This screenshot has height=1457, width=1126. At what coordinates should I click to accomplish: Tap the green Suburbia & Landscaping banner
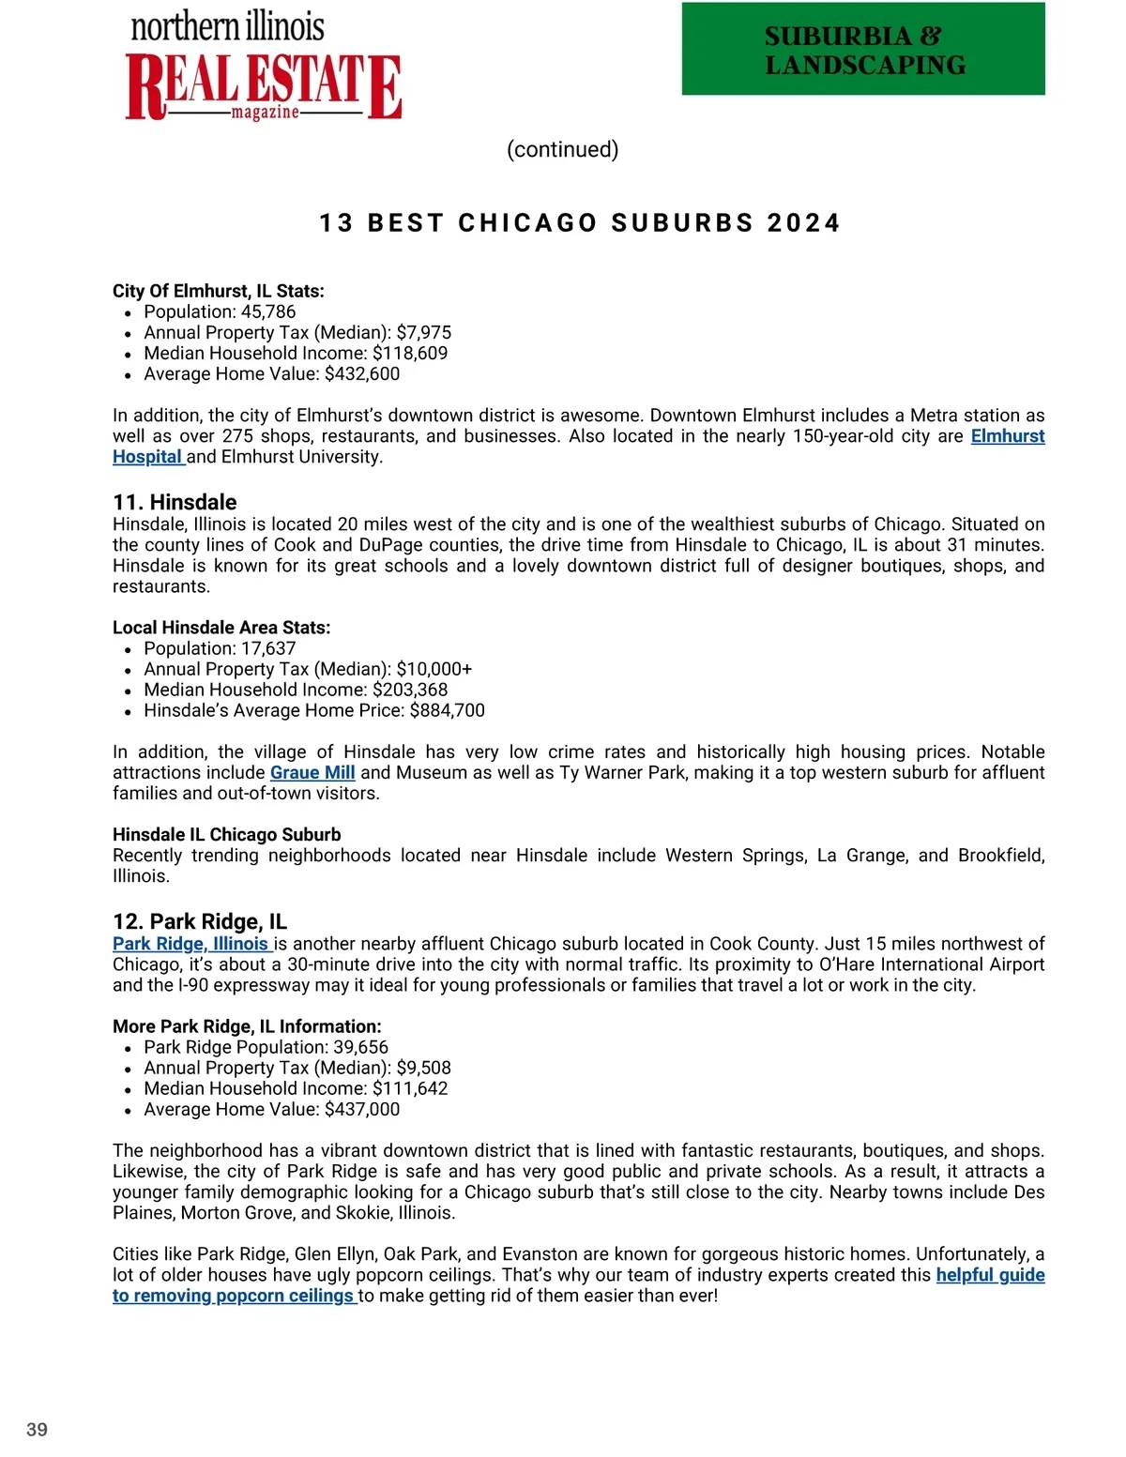coord(863,49)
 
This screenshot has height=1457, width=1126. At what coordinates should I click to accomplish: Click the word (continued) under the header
coord(562,149)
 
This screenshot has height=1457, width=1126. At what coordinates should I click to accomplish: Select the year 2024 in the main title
coord(803,223)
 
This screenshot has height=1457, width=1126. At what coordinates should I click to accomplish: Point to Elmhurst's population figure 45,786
coord(268,311)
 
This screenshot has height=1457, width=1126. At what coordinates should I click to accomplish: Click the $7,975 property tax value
coord(424,332)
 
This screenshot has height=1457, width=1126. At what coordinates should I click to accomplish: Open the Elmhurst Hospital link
coord(1007,436)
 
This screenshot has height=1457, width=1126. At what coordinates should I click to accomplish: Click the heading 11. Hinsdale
coord(175,502)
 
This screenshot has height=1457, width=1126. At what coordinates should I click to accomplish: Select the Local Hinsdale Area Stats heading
coord(221,628)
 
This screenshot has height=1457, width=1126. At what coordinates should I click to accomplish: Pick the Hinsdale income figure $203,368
coord(410,690)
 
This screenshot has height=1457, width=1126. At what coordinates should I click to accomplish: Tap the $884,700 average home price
coord(448,710)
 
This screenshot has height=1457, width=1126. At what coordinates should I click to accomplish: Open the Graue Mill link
coord(312,772)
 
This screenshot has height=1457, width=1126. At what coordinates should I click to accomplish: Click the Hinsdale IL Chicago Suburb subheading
coord(227,834)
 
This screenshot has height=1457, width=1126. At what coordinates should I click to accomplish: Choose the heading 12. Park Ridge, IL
coord(200,921)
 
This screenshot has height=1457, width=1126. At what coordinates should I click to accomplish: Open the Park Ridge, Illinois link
coord(190,944)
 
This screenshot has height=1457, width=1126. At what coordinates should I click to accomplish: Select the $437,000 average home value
coord(362,1109)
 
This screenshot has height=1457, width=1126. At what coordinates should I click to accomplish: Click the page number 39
coord(38,1430)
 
